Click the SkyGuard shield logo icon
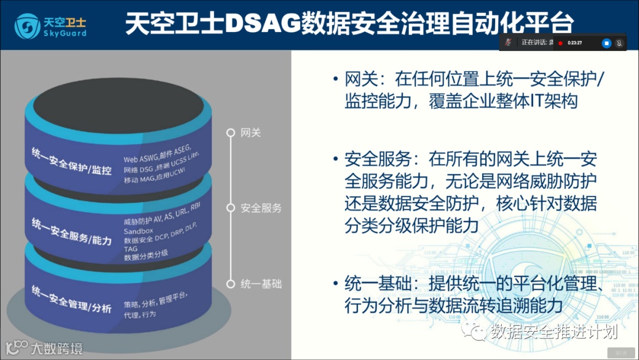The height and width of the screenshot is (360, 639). click(x=26, y=25)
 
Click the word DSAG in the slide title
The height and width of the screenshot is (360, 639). click(x=264, y=24)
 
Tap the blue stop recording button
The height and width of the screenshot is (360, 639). click(x=606, y=43)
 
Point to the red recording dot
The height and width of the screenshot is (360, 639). click(x=560, y=43)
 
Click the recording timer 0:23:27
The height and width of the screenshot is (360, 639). click(x=575, y=43)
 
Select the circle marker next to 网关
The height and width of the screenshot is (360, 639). click(x=232, y=133)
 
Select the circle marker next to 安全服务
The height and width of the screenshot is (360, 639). click(x=232, y=208)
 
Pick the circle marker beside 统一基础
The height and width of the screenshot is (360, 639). click(x=232, y=284)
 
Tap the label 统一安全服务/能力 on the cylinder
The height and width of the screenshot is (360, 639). click(x=72, y=232)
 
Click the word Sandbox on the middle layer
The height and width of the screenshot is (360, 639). click(x=138, y=231)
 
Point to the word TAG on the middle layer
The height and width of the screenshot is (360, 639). click(x=130, y=249)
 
